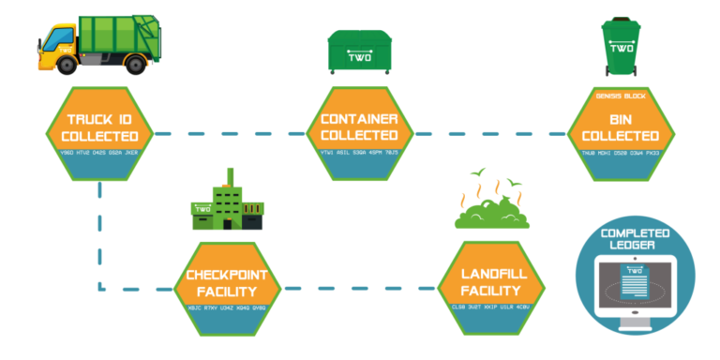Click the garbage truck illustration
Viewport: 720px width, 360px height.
point(99,44)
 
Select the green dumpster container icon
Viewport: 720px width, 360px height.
point(359,51)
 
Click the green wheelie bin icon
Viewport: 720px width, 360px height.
point(621,46)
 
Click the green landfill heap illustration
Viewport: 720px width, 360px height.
point(491,212)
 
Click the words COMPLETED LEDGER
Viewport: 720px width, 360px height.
point(636,239)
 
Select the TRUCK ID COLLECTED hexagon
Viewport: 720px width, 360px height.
point(99,133)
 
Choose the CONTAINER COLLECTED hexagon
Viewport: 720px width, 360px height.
point(359,133)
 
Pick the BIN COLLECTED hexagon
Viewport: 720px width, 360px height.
point(620,133)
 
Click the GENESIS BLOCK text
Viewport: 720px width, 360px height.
point(620,97)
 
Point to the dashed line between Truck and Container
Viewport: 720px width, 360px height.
point(230,134)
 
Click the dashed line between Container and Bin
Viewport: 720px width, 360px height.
point(489,134)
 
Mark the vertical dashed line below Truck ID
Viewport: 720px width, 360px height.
point(99,234)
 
